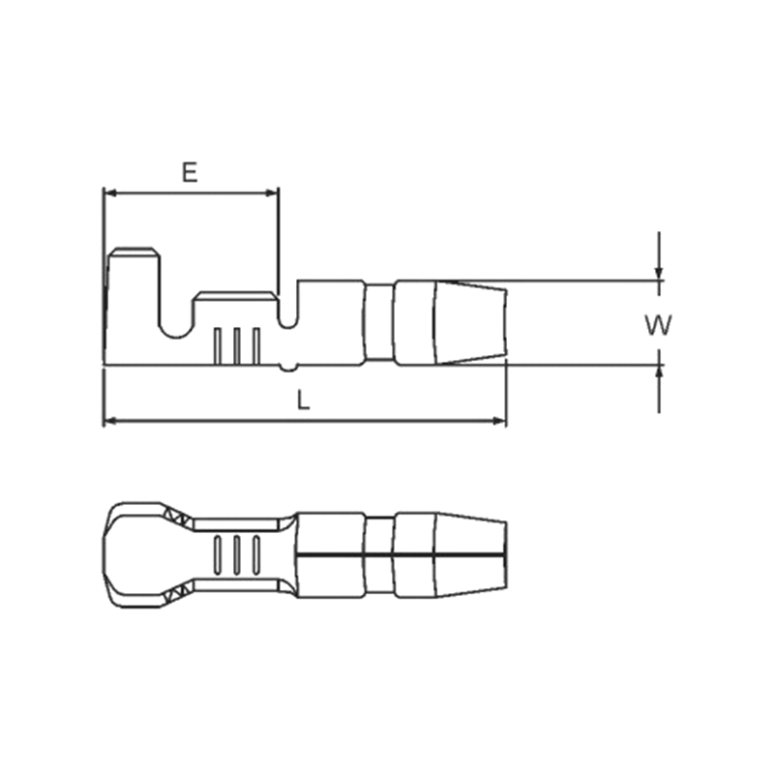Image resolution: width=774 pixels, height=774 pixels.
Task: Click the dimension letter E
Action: (190, 172)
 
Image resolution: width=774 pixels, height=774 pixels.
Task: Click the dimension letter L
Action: (303, 400)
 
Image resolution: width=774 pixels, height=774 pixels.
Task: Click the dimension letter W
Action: (658, 325)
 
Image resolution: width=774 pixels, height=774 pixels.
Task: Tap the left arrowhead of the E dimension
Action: (110, 193)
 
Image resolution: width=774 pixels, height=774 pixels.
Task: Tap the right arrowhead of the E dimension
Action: (272, 193)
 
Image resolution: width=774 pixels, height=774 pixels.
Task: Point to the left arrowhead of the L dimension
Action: (110, 421)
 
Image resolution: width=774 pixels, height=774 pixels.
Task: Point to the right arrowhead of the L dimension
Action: (499, 421)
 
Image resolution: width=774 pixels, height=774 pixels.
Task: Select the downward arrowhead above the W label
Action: (659, 274)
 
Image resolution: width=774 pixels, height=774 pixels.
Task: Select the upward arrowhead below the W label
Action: (659, 372)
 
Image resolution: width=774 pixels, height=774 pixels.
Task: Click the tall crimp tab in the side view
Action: (134, 286)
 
